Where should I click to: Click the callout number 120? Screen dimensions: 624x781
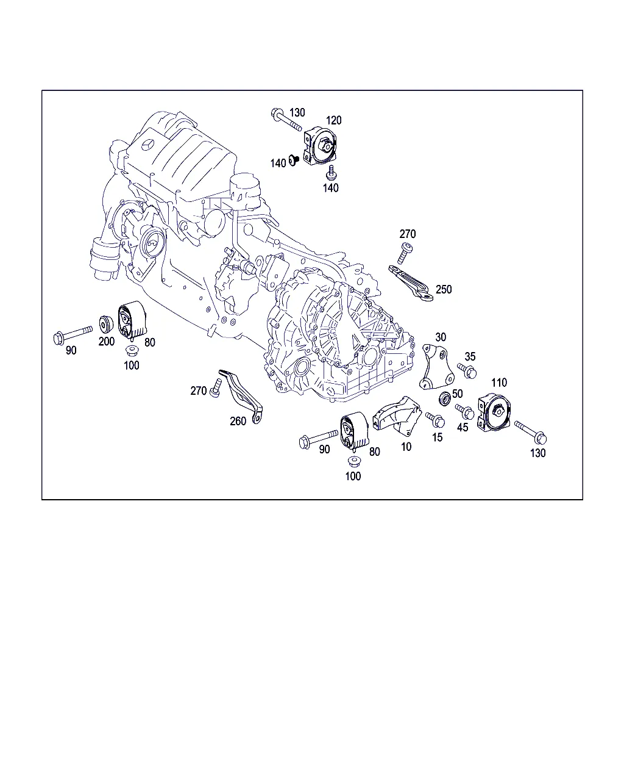333,120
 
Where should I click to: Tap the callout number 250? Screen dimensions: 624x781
444,290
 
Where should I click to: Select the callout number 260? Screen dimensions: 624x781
238,421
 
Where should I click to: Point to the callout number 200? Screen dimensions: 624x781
106,342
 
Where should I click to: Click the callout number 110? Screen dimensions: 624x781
499,383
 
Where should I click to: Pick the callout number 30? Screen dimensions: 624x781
441,337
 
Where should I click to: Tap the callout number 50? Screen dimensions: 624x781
458,394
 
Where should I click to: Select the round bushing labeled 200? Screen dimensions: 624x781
106,325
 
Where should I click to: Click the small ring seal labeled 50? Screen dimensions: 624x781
445,399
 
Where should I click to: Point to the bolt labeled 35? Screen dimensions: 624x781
467,371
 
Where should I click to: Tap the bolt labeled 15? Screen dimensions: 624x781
435,420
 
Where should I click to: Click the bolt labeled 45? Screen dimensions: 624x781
465,411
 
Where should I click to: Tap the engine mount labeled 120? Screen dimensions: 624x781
320,147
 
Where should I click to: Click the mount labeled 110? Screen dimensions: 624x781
494,413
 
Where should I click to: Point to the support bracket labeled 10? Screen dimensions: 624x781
397,416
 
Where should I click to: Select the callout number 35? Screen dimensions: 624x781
470,357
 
